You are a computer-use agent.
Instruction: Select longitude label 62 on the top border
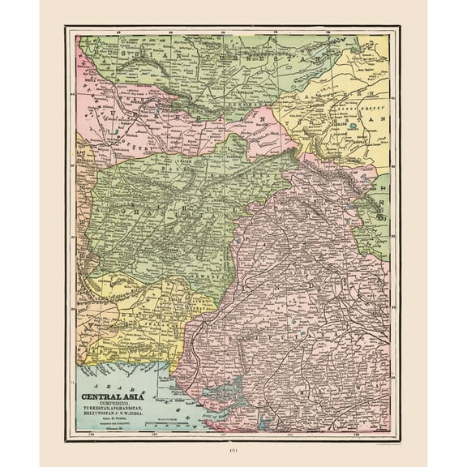(x=118, y=33)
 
